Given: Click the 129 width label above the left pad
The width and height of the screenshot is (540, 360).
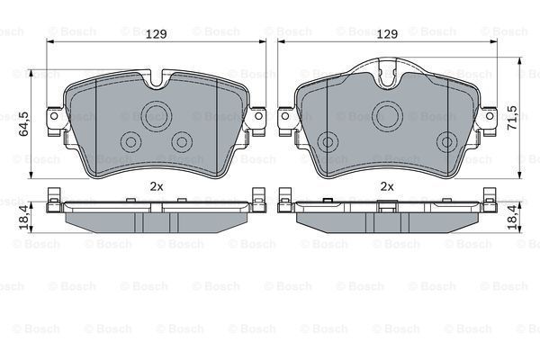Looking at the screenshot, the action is [156, 34].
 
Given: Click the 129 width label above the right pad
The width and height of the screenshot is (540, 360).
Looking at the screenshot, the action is [387, 34].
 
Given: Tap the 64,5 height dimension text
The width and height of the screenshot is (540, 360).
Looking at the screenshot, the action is [24, 123].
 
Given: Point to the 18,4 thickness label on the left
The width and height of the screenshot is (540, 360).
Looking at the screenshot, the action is [24, 218].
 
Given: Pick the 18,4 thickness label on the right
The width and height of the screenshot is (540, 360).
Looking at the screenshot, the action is [512, 218].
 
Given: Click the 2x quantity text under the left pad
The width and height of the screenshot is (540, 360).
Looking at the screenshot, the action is [156, 186].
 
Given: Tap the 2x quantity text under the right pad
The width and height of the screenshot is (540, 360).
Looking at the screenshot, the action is [387, 186].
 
